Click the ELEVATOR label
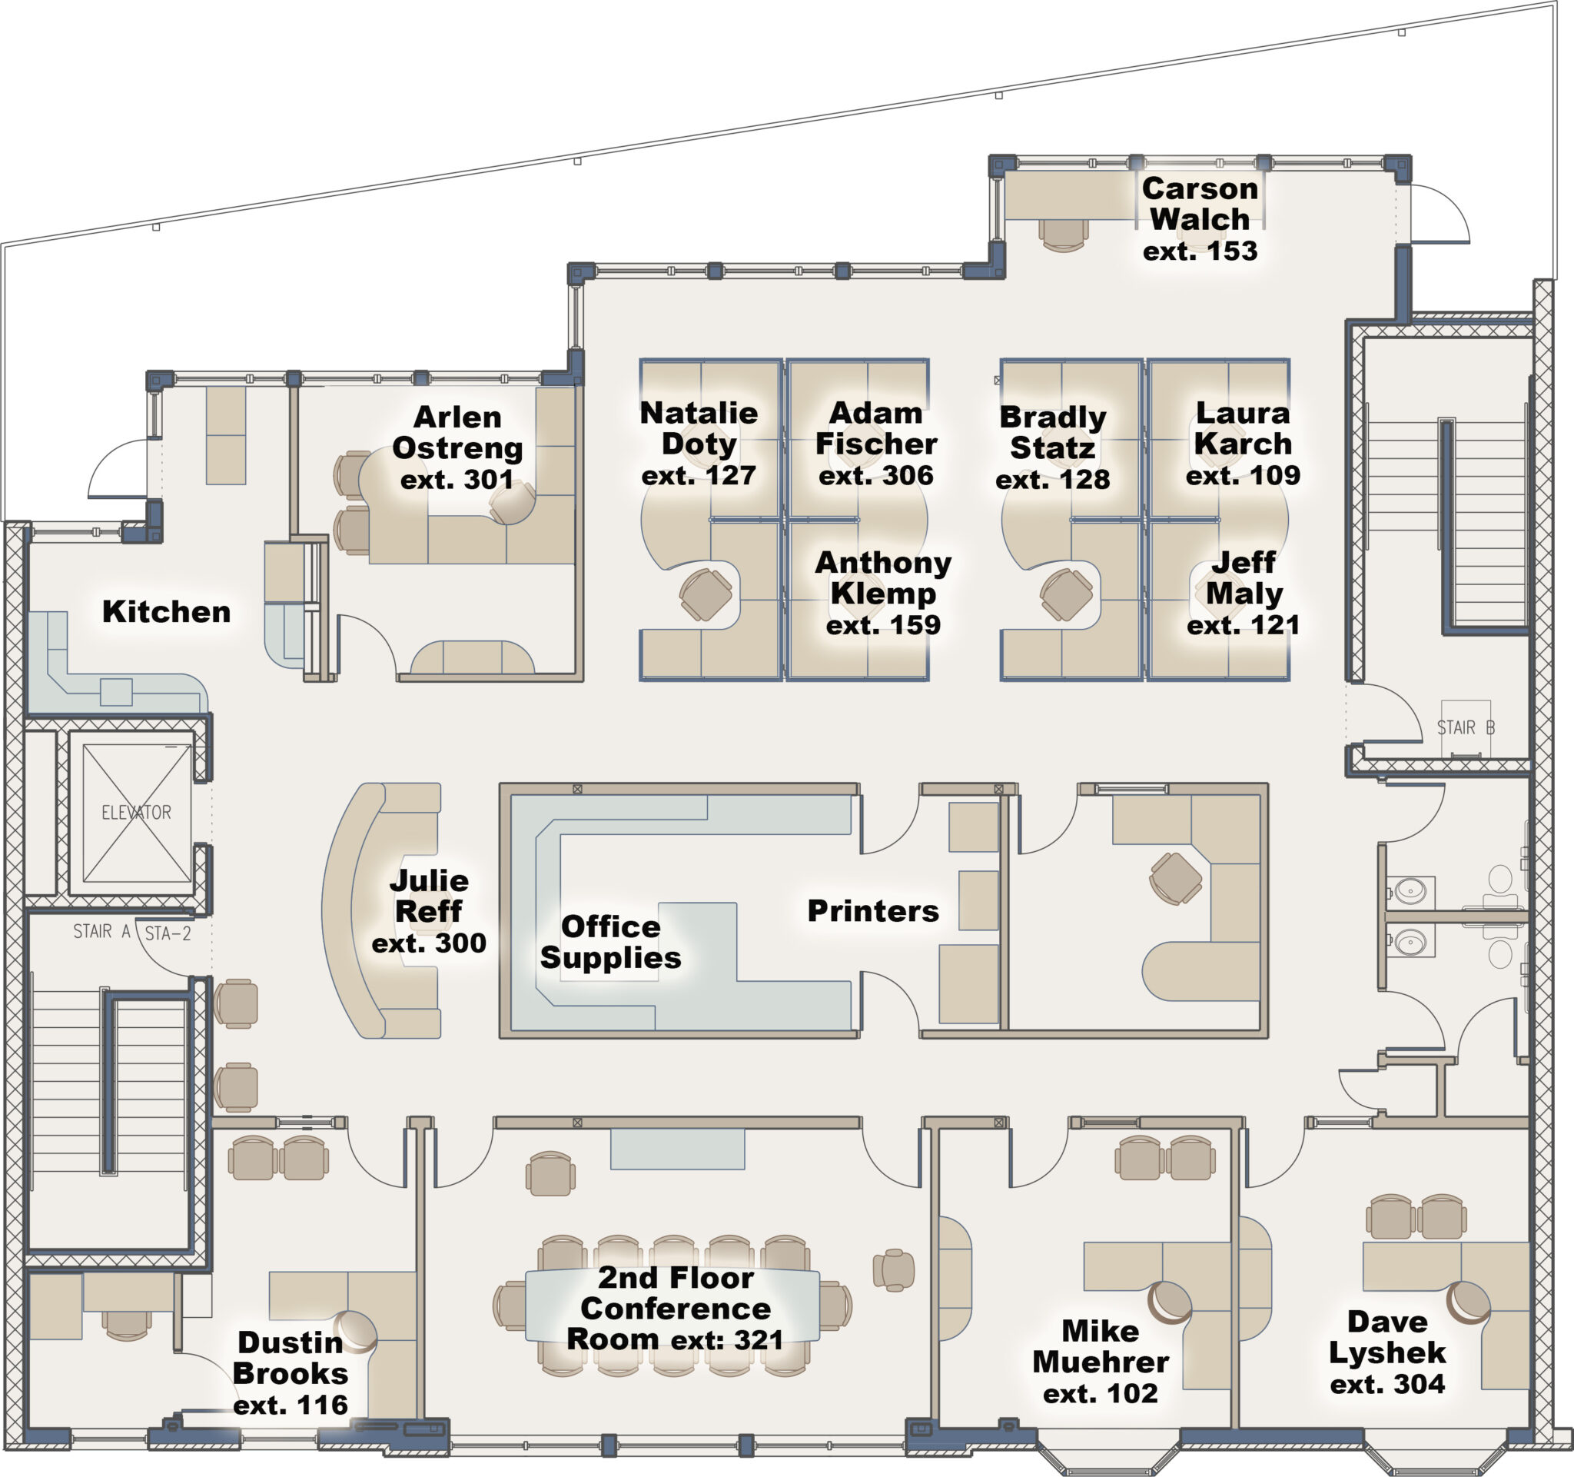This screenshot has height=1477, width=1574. [136, 812]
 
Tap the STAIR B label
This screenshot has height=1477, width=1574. [1466, 727]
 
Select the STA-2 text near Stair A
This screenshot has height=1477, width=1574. [168, 933]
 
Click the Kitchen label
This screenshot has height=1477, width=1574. [166, 611]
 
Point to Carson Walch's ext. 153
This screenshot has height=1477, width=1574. [1200, 251]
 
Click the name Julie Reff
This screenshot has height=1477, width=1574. [428, 896]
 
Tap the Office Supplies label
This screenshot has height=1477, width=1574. [610, 942]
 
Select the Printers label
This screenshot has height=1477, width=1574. [872, 911]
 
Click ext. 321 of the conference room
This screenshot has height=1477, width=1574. [727, 1339]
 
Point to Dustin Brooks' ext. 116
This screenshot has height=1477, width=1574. [291, 1404]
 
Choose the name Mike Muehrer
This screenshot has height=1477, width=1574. [1101, 1346]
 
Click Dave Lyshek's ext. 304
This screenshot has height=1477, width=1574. [1387, 1383]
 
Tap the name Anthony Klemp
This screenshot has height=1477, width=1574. [883, 577]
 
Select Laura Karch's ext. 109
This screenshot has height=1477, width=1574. [1242, 475]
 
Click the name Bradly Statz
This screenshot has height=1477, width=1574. [1052, 432]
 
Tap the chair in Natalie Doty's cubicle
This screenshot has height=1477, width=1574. [705, 595]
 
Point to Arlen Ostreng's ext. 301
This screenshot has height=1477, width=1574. [457, 479]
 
